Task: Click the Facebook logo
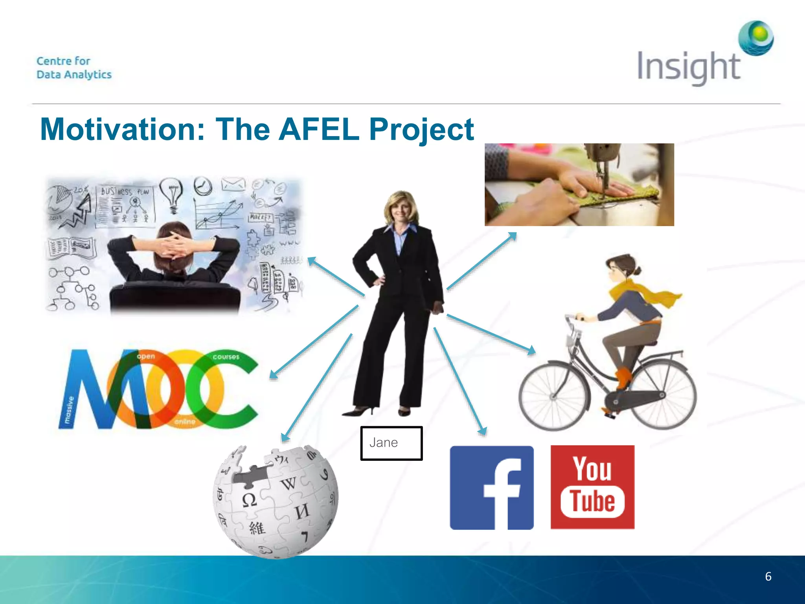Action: (491, 488)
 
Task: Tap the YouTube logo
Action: (592, 487)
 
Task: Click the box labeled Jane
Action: (391, 443)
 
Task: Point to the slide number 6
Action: (768, 576)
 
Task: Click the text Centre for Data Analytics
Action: (74, 68)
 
